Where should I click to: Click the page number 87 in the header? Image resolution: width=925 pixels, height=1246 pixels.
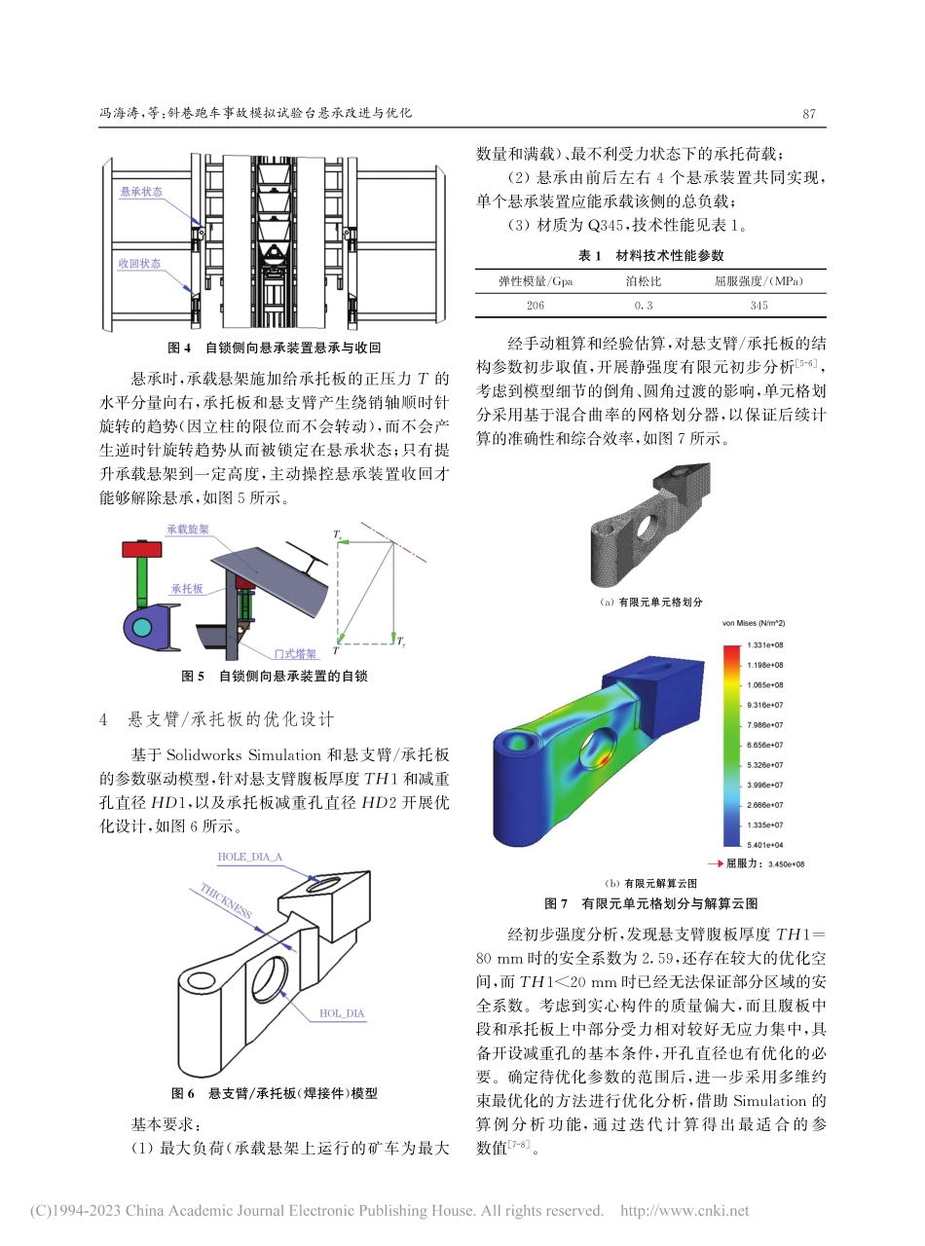(x=807, y=113)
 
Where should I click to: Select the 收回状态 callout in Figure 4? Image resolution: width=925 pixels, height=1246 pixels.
(x=140, y=264)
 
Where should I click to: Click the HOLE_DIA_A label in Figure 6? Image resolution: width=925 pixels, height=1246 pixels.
(x=250, y=856)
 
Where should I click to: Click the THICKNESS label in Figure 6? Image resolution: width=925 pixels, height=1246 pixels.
(x=226, y=902)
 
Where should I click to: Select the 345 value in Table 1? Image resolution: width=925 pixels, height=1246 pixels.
(x=758, y=305)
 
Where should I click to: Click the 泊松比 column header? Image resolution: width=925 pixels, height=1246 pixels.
(x=642, y=281)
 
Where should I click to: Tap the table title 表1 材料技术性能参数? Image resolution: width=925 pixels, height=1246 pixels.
(x=651, y=255)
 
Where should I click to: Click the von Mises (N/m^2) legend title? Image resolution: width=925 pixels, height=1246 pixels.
(x=754, y=622)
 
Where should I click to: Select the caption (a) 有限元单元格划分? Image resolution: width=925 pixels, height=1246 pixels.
(x=650, y=603)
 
